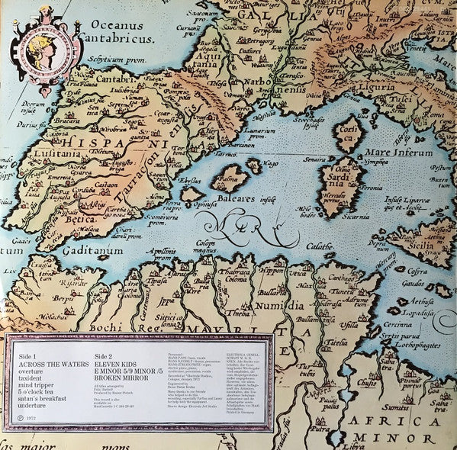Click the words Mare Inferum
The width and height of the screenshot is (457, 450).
coord(401,152)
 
